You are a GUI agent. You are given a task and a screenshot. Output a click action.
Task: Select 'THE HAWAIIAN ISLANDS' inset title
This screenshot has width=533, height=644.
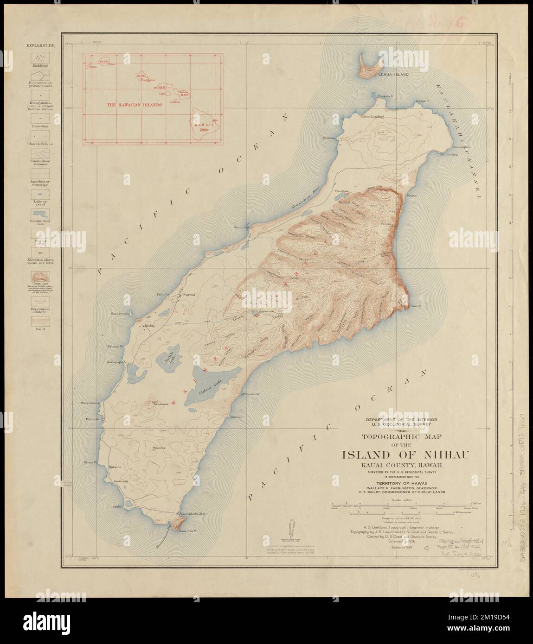tap(135, 105)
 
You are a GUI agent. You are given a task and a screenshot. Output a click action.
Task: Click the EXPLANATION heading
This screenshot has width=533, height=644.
tap(41, 46)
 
